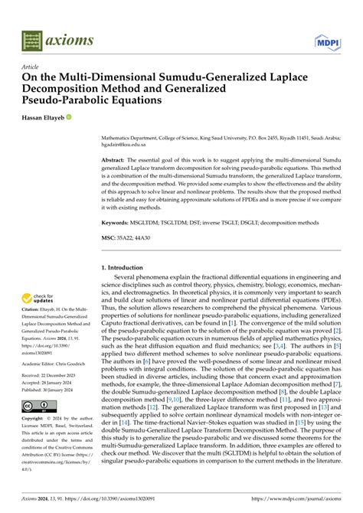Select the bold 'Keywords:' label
pos(118,222)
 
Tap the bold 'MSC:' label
pos(110,238)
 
